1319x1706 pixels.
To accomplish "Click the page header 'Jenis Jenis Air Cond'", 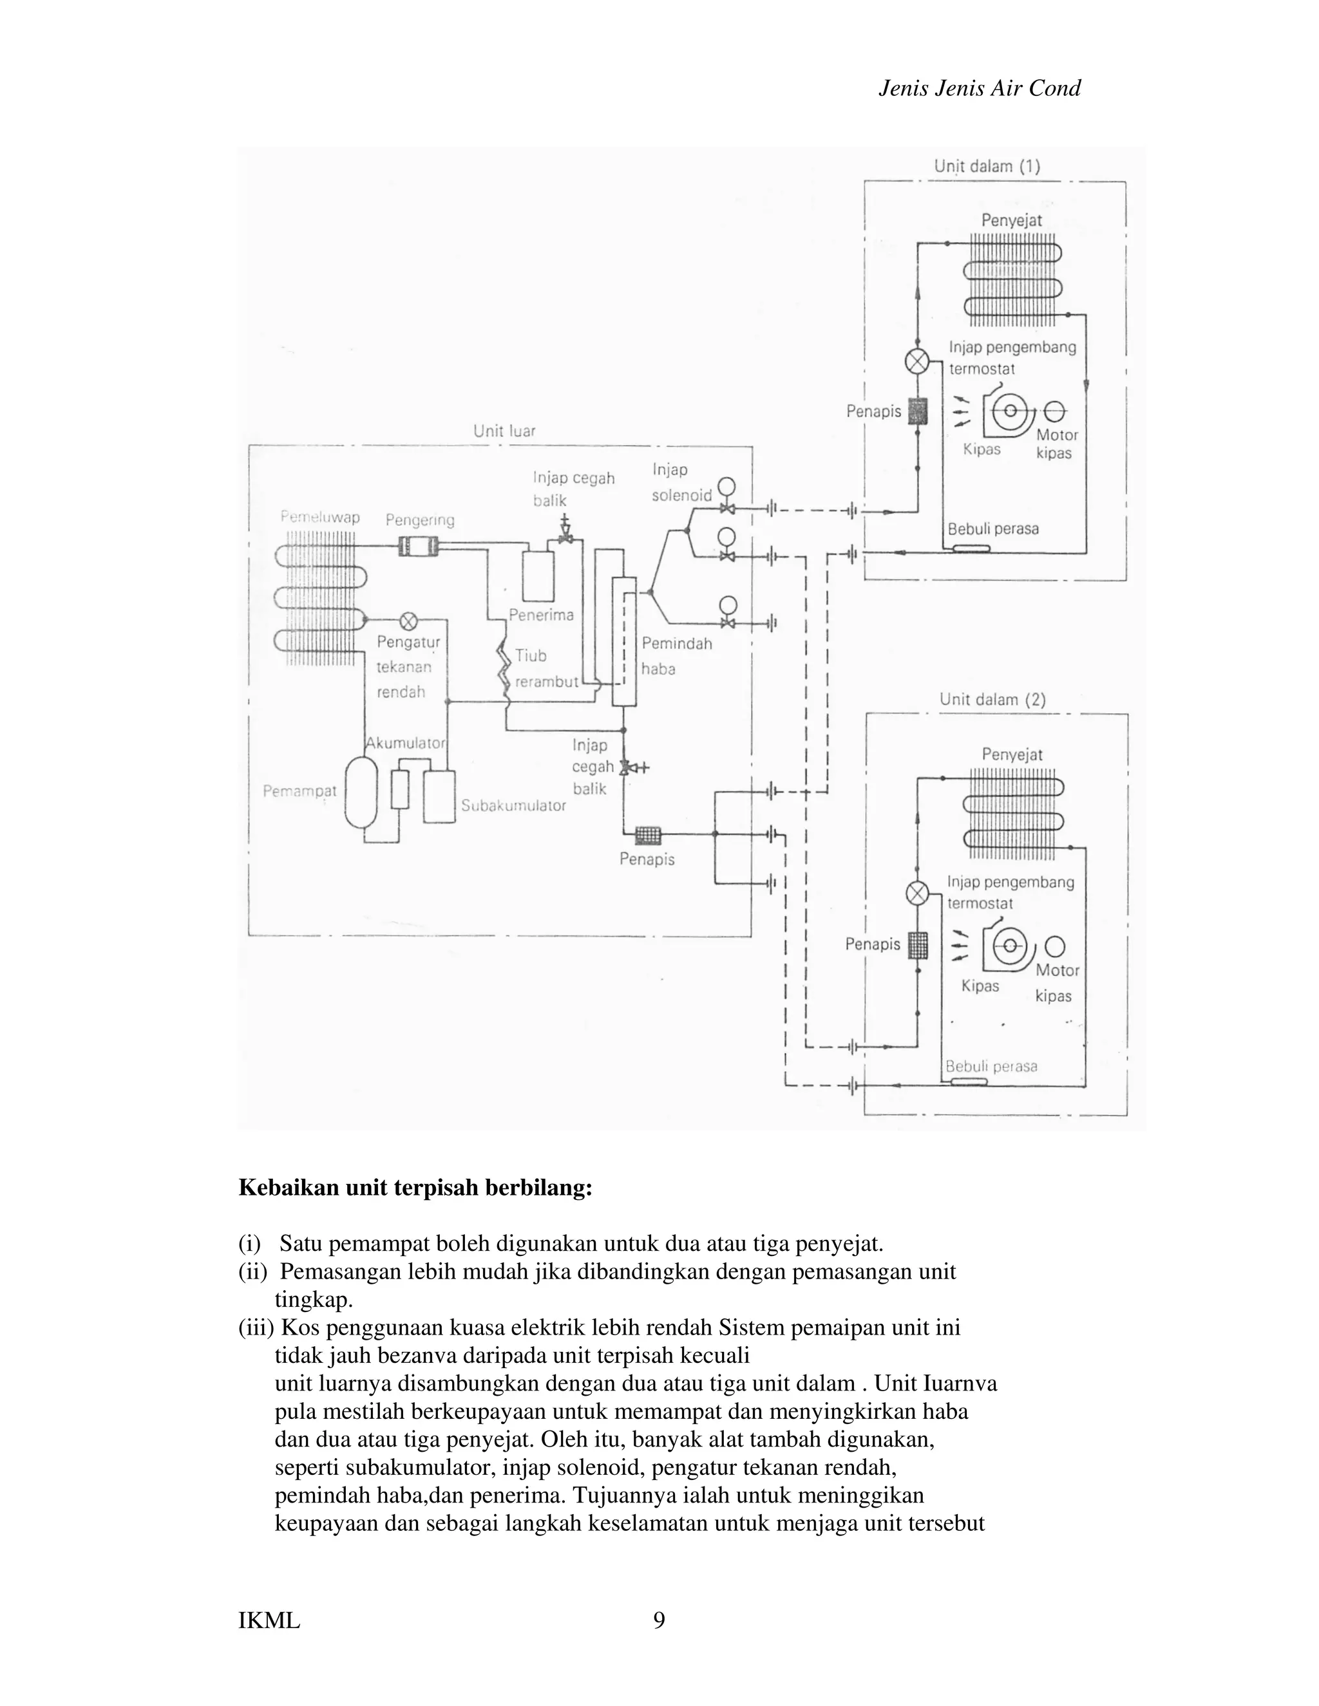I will click(979, 88).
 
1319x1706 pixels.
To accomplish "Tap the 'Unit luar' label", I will click(504, 431).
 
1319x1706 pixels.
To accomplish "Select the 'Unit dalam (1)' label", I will click(987, 166).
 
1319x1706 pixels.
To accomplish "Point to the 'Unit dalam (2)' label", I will click(992, 699).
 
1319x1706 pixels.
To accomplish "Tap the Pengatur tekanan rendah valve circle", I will click(408, 621).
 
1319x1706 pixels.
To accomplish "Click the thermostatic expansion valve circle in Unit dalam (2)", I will click(916, 893).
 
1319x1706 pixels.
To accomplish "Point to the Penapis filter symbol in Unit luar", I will click(647, 835).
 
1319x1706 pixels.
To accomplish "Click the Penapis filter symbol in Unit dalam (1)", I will click(916, 411).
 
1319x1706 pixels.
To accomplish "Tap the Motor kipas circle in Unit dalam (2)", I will click(1054, 946).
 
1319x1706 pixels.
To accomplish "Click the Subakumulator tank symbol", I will click(439, 796).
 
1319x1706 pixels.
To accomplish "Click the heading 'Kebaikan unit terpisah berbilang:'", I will click(415, 1188).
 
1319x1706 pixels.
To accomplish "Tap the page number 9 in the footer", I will click(659, 1621).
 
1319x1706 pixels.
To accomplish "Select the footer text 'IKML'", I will click(269, 1621).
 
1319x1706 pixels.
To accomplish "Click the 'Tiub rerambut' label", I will click(545, 669).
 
